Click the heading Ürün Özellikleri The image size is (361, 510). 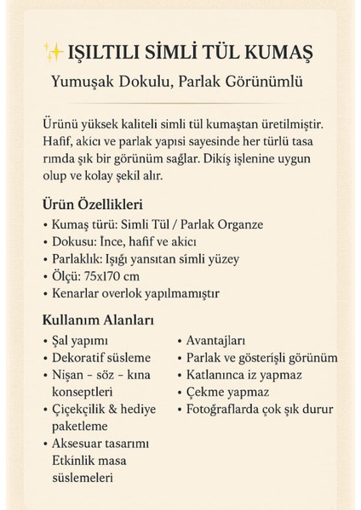pyautogui.click(x=91, y=205)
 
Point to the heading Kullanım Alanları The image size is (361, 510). pyautogui.click(x=97, y=321)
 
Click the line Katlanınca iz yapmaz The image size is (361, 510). pyautogui.click(x=244, y=375)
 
